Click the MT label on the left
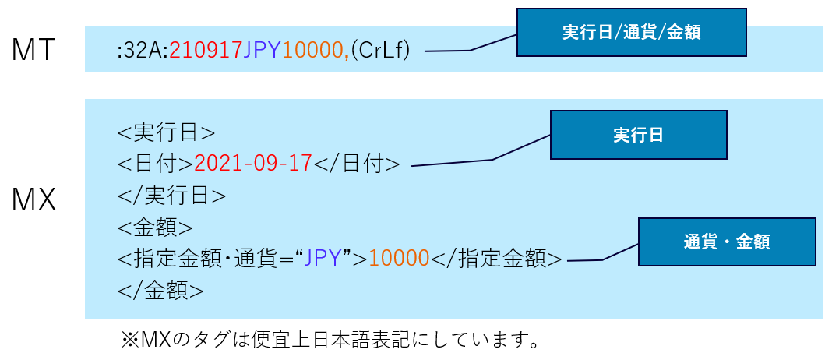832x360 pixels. [x=33, y=50]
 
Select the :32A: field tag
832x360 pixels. [x=142, y=51]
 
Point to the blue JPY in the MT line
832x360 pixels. [x=263, y=51]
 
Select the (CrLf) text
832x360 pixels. [x=381, y=51]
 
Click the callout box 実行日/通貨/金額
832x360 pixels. [x=632, y=33]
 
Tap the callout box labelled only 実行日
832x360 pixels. [x=638, y=135]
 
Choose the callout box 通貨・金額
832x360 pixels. [x=727, y=242]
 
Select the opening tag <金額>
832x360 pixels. [x=155, y=228]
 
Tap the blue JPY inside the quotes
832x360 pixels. [x=325, y=259]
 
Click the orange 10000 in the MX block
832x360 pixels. [x=400, y=259]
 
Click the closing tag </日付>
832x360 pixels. [x=357, y=164]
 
